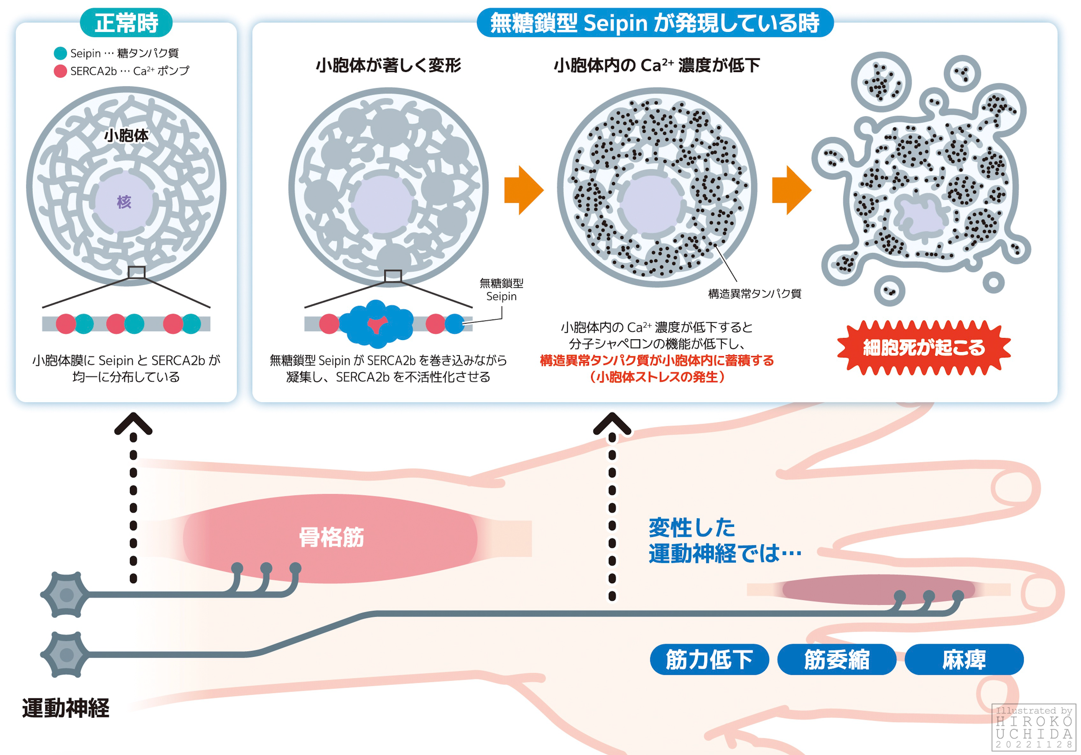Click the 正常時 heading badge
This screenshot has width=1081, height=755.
[126, 23]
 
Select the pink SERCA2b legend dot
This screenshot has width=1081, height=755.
[60, 71]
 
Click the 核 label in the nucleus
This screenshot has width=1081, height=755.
[124, 202]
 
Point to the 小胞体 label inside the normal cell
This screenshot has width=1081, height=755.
[126, 136]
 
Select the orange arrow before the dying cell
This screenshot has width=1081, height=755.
[791, 190]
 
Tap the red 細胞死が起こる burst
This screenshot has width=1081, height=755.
[924, 347]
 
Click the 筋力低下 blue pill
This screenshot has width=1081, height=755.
[709, 659]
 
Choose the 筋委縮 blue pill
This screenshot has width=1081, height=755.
[837, 659]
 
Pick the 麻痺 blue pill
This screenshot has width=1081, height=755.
[964, 659]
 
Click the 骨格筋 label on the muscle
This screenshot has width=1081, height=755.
[331, 537]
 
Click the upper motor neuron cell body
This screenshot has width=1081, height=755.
[66, 594]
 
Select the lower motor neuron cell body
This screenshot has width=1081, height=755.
[66, 655]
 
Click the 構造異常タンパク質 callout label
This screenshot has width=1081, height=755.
[754, 294]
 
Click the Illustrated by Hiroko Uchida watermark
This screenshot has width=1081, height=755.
[1034, 727]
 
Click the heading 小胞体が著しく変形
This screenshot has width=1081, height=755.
[388, 65]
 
